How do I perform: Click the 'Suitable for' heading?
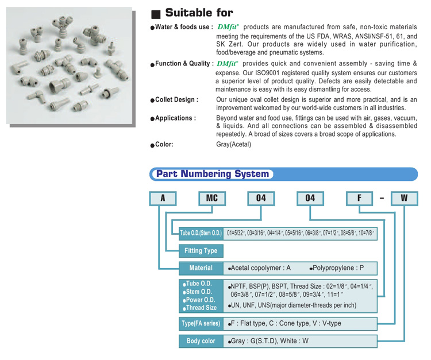click(x=199, y=13)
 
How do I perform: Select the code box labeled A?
click(x=163, y=198)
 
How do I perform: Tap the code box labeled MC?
click(x=212, y=198)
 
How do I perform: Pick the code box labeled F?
click(x=359, y=198)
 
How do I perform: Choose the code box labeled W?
click(x=404, y=198)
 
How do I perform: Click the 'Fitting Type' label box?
click(x=201, y=251)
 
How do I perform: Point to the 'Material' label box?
click(x=201, y=268)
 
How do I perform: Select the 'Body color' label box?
click(x=201, y=341)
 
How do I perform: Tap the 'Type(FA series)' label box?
click(x=201, y=323)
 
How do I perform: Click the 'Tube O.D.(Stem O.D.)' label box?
click(x=201, y=233)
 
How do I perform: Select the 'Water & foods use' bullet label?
click(x=184, y=27)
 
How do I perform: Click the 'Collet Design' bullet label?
click(x=176, y=100)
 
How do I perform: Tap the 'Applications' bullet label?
click(x=175, y=118)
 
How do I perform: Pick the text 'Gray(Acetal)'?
click(x=233, y=145)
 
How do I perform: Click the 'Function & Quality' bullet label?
click(x=184, y=64)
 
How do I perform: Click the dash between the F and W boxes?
click(x=382, y=198)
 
